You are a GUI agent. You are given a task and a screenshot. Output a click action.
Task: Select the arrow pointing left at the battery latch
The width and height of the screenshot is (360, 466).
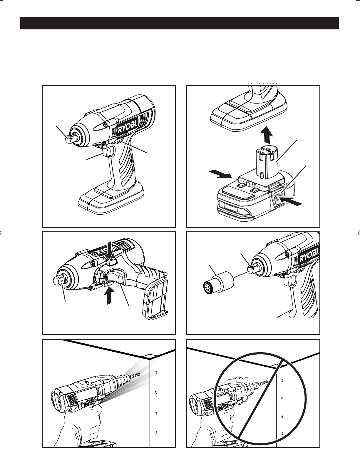coord(290,201)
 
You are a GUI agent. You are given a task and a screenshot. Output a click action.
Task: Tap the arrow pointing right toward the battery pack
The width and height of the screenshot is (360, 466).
coord(220,174)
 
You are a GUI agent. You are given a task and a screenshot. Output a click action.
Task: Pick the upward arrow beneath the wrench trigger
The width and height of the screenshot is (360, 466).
coord(109,296)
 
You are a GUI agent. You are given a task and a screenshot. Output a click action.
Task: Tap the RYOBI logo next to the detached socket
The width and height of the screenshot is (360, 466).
coord(309,255)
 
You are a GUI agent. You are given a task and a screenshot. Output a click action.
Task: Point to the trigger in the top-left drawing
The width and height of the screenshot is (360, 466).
coord(109,152)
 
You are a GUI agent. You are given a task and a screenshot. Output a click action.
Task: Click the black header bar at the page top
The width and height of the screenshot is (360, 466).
coord(180,24)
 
